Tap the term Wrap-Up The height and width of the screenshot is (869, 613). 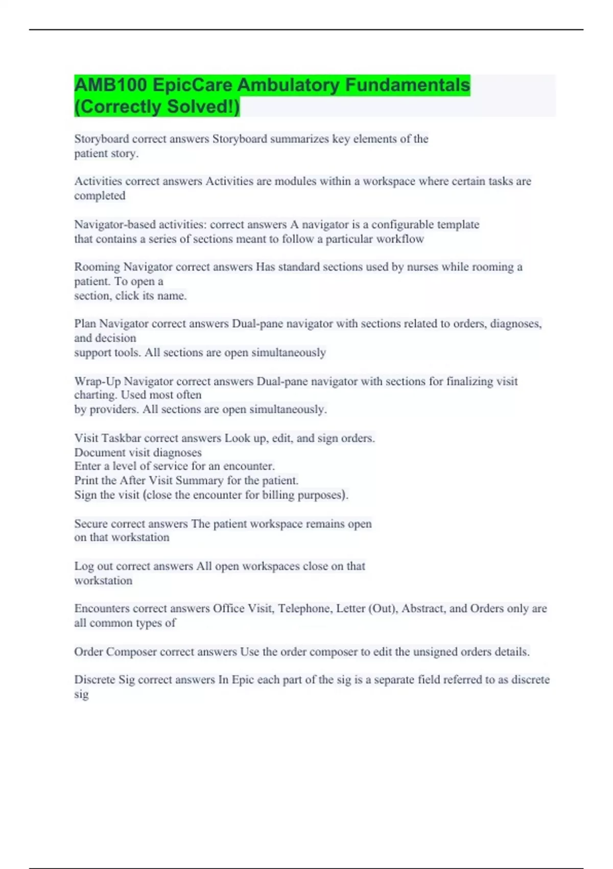[98, 381]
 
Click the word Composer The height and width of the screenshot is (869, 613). [131, 652]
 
